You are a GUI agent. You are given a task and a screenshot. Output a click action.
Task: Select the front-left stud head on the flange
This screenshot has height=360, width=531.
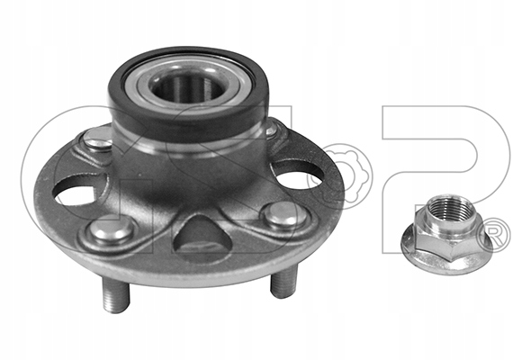point(111,229)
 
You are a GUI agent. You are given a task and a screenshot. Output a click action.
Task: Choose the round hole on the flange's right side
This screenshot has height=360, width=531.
point(298,173)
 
